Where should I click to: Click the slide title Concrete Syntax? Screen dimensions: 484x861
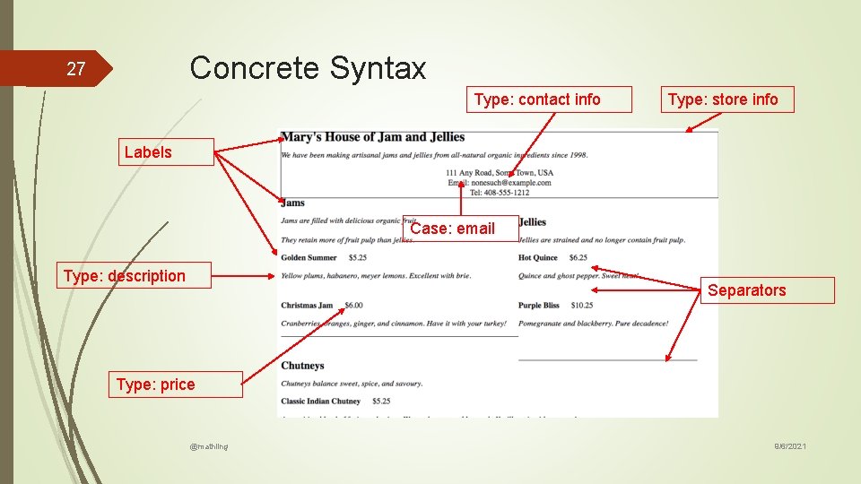click(308, 68)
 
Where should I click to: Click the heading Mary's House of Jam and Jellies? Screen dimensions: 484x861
click(372, 137)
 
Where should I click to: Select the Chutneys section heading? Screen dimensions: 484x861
click(302, 366)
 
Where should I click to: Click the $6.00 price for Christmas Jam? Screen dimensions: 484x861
click(353, 306)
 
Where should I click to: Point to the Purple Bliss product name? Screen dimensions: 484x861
click(538, 306)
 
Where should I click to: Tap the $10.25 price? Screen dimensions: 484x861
click(580, 306)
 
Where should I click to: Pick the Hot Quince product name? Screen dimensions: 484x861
click(538, 258)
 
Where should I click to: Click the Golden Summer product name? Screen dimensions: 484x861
click(309, 258)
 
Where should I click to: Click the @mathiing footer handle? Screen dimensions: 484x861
click(209, 445)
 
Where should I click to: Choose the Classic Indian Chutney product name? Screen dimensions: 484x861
click(320, 402)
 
